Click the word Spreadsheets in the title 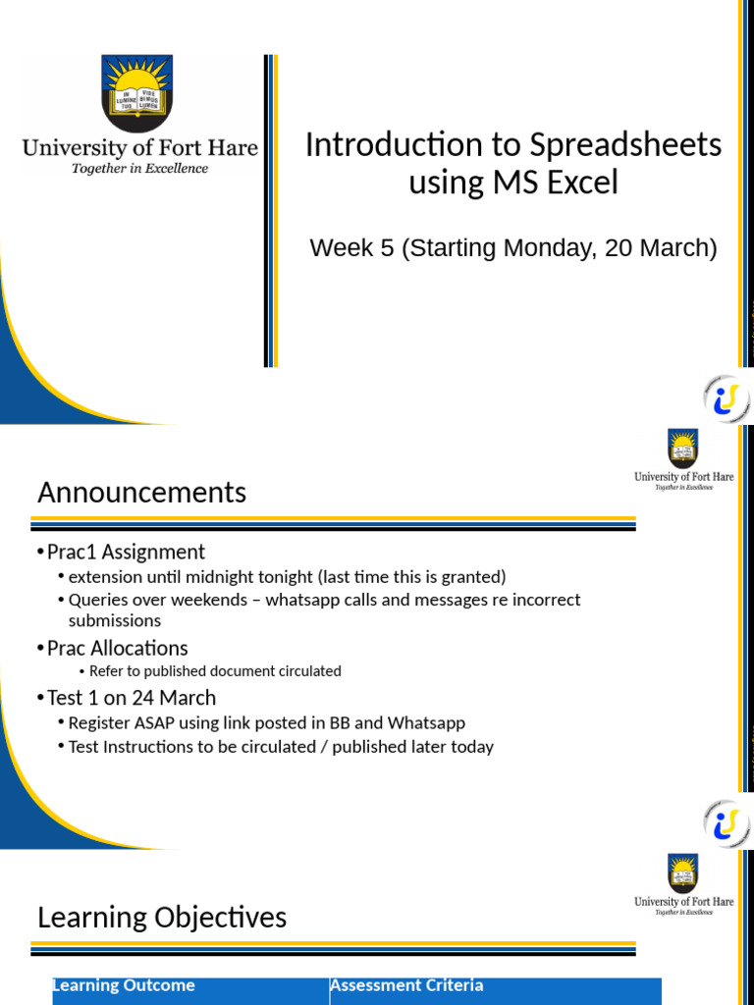click(625, 145)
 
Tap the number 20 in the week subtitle click(619, 248)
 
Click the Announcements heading click(141, 492)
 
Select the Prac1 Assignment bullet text click(126, 552)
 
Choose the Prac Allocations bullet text click(117, 648)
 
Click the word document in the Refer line click(236, 671)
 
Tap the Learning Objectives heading click(162, 918)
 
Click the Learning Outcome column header click(124, 985)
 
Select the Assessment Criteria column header click(406, 985)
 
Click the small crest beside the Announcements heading click(683, 447)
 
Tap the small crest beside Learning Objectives click(683, 872)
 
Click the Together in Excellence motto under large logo click(139, 169)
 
